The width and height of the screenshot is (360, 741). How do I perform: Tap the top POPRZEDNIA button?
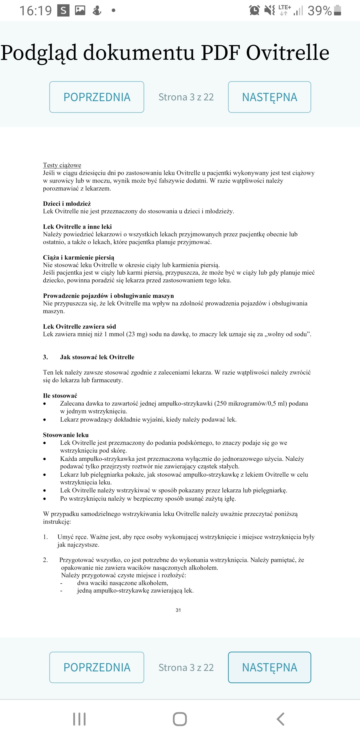pos(96,97)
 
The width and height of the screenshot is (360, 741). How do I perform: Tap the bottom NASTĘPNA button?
pos(269,667)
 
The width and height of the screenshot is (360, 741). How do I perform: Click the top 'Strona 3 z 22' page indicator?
pos(186,97)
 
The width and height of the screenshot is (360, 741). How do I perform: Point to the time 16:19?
pos(36,11)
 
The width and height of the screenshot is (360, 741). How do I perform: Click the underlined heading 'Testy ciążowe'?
pos(62,165)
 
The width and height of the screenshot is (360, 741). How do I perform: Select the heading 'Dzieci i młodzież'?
pos(67,204)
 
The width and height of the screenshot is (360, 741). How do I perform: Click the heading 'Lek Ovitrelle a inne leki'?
pos(77,227)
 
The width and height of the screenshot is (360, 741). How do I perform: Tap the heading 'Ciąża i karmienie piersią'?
pos(78,257)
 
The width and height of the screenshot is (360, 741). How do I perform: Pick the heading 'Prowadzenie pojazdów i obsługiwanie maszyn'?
pos(108,296)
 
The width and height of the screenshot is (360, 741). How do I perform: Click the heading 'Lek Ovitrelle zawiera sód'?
pos(79,326)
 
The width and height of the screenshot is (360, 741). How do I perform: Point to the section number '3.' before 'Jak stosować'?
pos(45,357)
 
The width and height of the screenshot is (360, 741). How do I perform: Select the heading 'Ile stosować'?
pos(60,396)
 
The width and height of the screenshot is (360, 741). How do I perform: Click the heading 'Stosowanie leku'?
pos(66,435)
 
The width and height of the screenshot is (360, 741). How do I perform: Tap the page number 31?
pos(178,610)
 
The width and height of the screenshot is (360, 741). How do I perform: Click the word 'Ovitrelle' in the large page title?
pos(287,53)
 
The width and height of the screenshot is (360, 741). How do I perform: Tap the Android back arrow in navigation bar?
pos(280,719)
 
